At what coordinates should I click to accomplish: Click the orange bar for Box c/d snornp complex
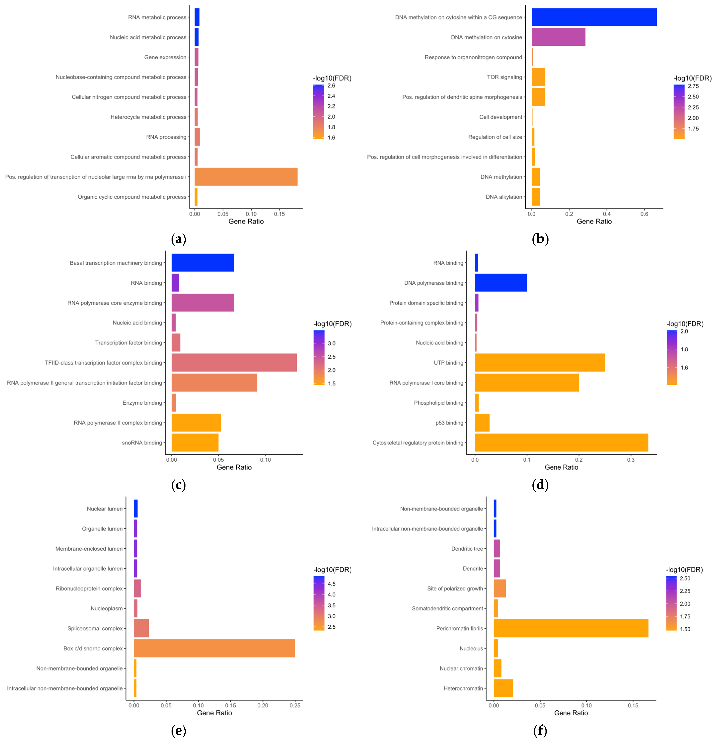point(214,648)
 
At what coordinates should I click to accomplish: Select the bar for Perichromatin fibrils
point(571,628)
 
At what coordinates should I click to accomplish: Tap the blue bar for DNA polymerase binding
point(501,283)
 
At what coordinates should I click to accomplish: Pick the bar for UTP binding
point(540,363)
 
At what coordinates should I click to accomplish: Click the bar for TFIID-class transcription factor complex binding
point(234,363)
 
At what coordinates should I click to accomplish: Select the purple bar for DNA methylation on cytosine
point(558,37)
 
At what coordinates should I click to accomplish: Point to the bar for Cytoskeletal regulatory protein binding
point(561,443)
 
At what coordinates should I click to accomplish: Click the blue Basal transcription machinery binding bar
point(203,263)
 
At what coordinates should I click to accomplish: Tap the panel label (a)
point(179,239)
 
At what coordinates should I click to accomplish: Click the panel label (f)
point(540,731)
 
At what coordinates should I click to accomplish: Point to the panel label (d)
point(540,485)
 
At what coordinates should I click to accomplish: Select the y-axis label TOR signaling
point(504,77)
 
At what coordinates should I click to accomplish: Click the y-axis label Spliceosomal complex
point(95,628)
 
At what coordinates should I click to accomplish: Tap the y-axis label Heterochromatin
point(463,688)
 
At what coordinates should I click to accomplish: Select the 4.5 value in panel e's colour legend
point(331,584)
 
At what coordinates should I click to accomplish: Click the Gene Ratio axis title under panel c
point(234,467)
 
